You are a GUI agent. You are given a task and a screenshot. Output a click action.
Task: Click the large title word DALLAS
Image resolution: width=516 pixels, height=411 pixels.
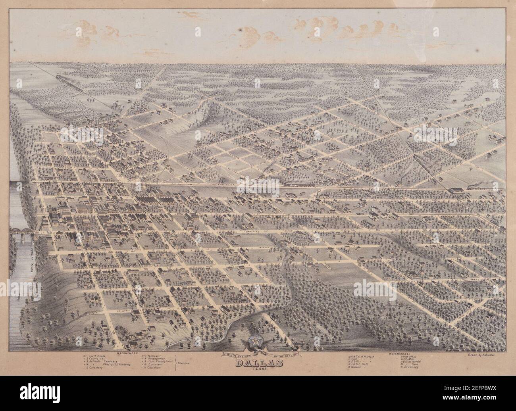260,363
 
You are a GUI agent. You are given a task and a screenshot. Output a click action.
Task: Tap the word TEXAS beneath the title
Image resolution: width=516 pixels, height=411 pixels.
260,370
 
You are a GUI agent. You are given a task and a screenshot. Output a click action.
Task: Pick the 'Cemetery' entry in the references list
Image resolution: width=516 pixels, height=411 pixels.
95,368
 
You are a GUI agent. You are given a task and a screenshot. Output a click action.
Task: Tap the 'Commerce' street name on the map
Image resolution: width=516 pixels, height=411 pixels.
250,230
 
